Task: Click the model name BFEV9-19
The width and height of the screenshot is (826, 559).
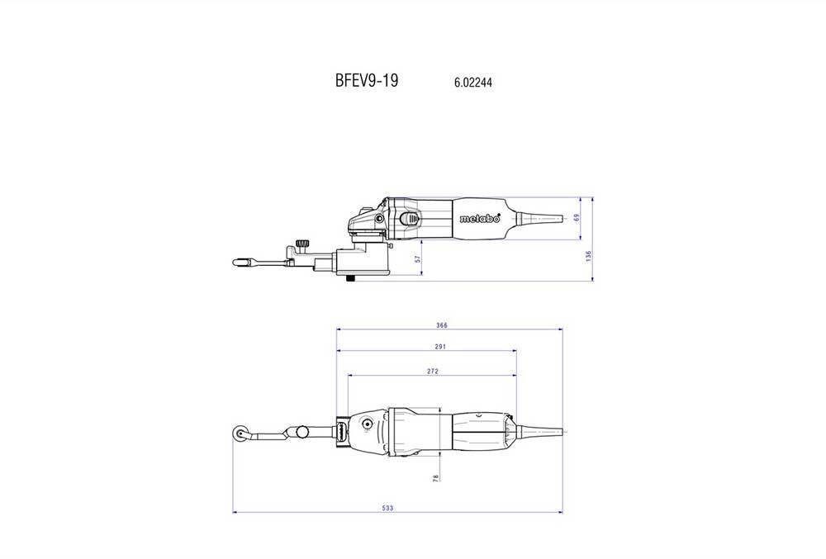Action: coord(366,82)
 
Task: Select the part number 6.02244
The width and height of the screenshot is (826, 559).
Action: coord(474,83)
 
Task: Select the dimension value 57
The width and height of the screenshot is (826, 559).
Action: coord(418,258)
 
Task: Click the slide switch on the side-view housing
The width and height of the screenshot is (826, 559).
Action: coord(409,219)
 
